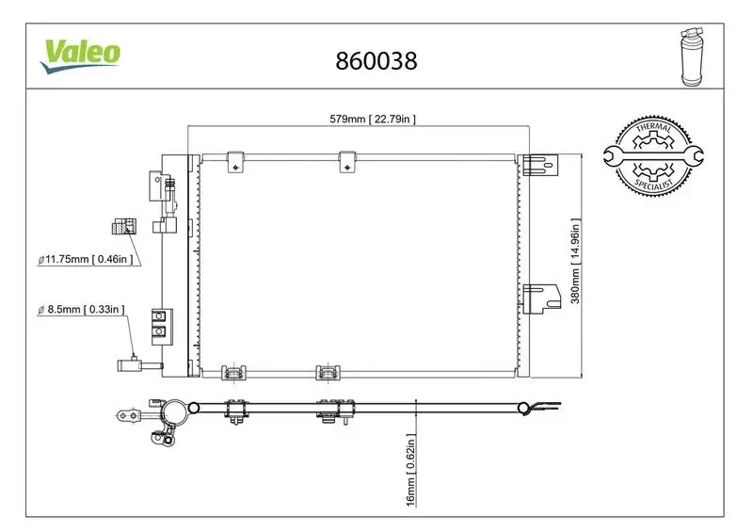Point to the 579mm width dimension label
(372, 119)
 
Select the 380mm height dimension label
(574, 263)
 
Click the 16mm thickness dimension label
(411, 471)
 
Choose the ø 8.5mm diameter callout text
(84, 309)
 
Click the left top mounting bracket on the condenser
(235, 161)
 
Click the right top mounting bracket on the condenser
(348, 161)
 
